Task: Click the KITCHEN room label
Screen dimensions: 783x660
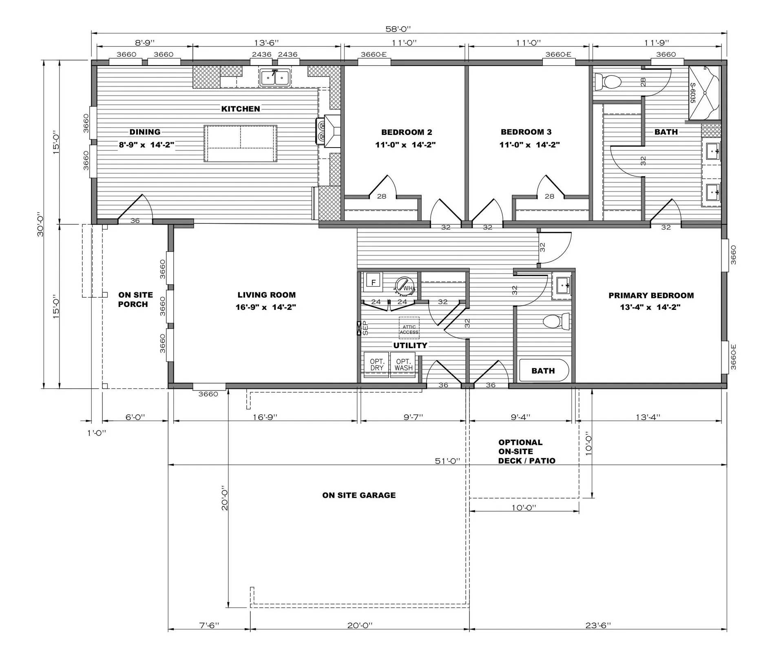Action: click(241, 109)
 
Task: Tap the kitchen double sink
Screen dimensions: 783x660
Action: click(275, 77)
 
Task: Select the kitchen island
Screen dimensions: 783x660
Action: click(241, 143)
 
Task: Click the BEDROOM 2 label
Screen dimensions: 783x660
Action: click(407, 132)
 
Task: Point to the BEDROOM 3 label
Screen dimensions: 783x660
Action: click(526, 132)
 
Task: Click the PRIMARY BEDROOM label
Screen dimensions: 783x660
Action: click(651, 296)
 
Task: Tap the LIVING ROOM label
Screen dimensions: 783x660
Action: click(267, 295)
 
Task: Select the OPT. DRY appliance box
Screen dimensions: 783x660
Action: click(376, 365)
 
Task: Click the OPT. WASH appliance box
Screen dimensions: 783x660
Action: click(403, 365)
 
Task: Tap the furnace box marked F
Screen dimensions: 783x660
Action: click(373, 281)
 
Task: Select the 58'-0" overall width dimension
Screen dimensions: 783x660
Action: click(398, 29)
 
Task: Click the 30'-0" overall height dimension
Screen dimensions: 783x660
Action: click(40, 224)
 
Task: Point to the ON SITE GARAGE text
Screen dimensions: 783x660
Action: click(359, 495)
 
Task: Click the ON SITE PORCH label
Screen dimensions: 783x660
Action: click(135, 300)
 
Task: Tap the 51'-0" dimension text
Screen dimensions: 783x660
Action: click(447, 461)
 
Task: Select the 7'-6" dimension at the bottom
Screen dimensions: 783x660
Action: click(209, 625)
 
